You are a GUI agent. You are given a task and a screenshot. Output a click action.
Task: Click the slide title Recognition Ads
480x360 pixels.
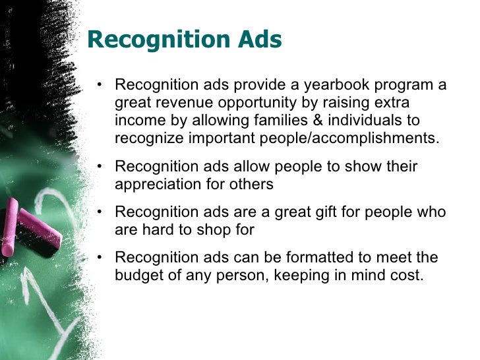[184, 40]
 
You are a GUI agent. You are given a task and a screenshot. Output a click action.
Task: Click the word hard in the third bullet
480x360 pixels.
[156, 229]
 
